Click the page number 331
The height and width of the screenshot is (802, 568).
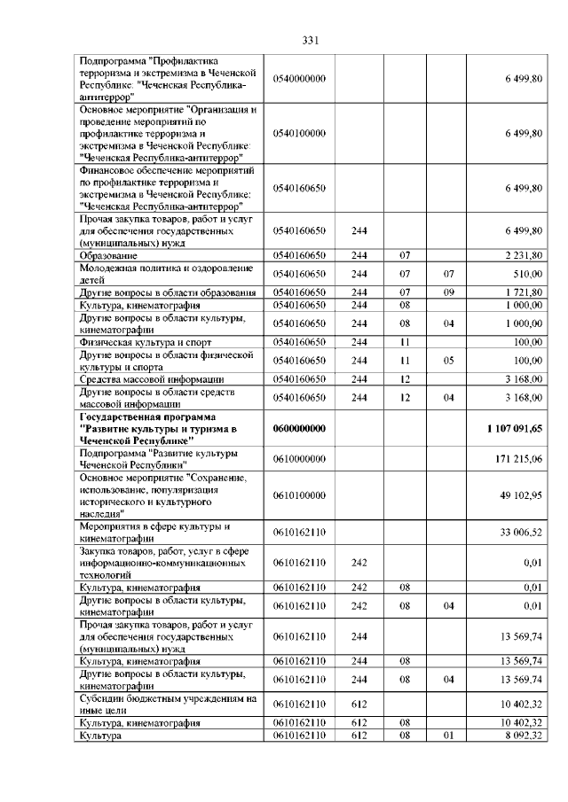310,41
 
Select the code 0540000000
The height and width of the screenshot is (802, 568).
300,79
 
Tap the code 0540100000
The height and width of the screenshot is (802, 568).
300,133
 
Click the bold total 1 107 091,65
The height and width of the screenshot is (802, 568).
515,428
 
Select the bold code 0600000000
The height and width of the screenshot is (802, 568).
300,428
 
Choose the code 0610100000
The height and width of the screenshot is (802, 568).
300,495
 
